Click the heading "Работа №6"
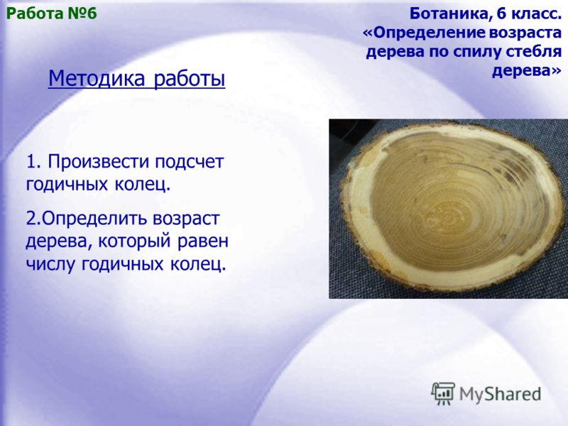52,13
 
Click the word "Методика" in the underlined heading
97,78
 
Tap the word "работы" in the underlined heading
190,79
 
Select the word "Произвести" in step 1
99,162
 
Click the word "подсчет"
190,162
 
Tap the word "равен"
203,241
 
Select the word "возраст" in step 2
186,219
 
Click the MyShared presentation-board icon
443,393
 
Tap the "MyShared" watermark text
500,395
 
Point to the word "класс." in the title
536,14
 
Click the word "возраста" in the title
525,33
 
